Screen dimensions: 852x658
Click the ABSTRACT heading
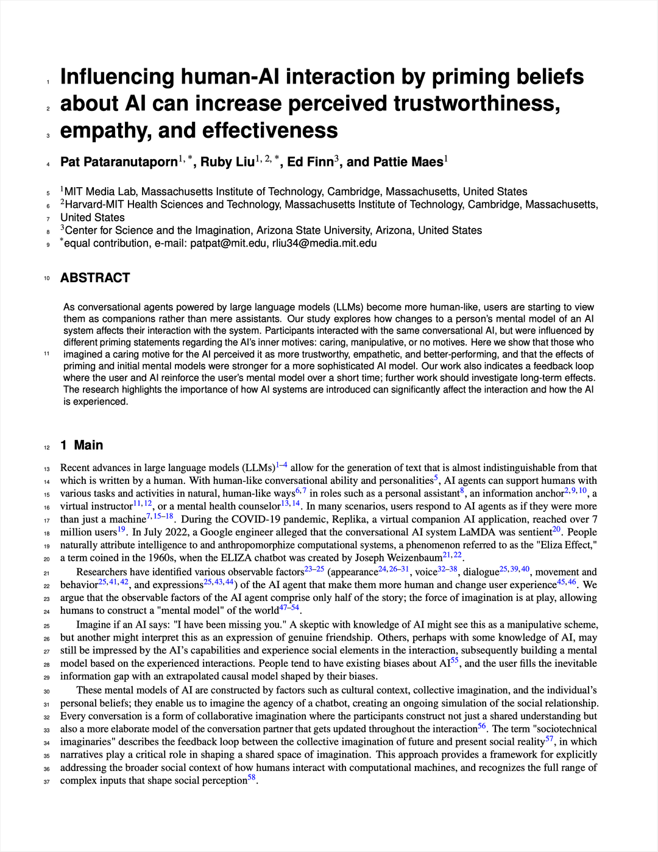coord(95,278)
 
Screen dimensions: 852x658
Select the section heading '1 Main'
coord(82,446)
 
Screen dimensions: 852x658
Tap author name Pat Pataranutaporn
coord(119,162)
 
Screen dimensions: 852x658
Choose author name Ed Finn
coord(310,162)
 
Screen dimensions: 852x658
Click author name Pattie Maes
coord(395,162)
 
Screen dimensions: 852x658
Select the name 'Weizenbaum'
coord(414,558)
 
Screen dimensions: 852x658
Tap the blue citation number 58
coord(252,778)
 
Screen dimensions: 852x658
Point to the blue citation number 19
coord(121,530)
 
